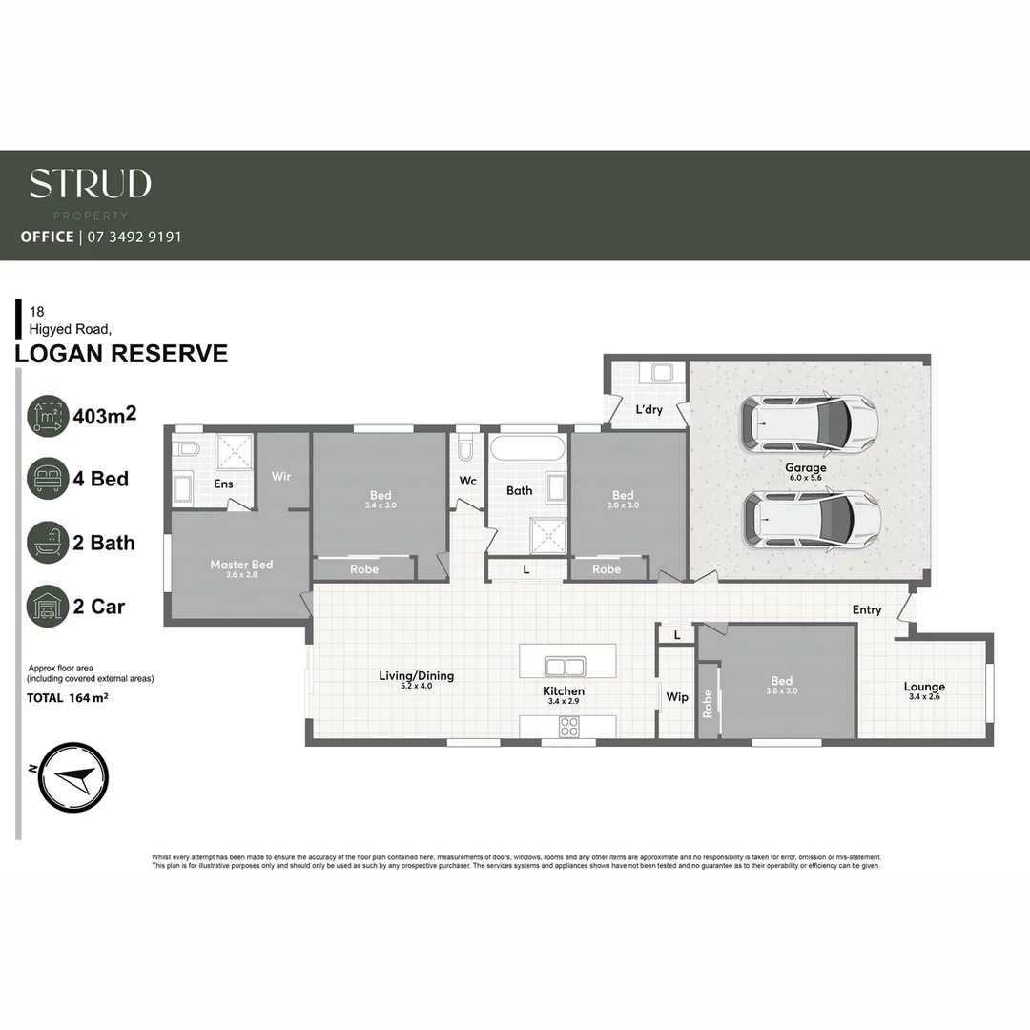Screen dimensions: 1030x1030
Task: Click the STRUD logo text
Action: (x=90, y=183)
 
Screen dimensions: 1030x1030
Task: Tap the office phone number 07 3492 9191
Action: (x=134, y=237)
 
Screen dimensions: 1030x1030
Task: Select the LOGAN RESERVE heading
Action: (x=122, y=354)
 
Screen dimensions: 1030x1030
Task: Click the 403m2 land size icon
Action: (x=48, y=417)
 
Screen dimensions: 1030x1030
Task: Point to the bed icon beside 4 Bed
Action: (x=48, y=479)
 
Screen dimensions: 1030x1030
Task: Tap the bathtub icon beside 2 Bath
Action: (x=48, y=543)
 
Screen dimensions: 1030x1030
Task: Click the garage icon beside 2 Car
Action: (x=48, y=607)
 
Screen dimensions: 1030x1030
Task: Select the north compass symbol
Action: (x=73, y=776)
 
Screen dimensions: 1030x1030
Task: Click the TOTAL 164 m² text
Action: (x=68, y=698)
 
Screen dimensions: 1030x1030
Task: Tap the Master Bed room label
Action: (x=241, y=565)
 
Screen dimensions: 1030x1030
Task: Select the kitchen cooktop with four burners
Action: (x=569, y=727)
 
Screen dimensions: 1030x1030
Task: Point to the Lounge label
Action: (x=924, y=687)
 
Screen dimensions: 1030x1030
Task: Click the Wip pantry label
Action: (x=677, y=697)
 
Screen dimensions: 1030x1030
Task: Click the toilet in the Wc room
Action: (x=466, y=447)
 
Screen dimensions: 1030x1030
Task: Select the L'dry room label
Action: (x=649, y=410)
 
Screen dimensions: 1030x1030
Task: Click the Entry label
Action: (x=867, y=610)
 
